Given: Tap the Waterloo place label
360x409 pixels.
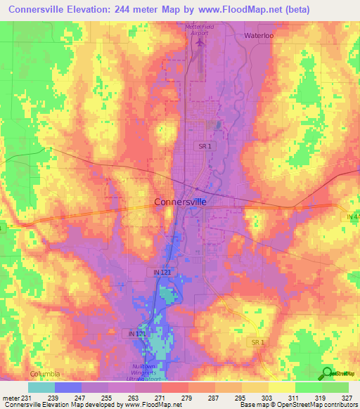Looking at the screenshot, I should click(261, 35).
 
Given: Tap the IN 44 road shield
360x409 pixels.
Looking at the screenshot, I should click(352, 218).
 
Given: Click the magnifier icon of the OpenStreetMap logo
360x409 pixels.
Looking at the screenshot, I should click(327, 372).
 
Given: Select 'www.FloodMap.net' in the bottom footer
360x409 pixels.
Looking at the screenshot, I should click(149, 405).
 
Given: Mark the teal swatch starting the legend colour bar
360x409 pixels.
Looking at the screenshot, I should click(41, 387).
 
